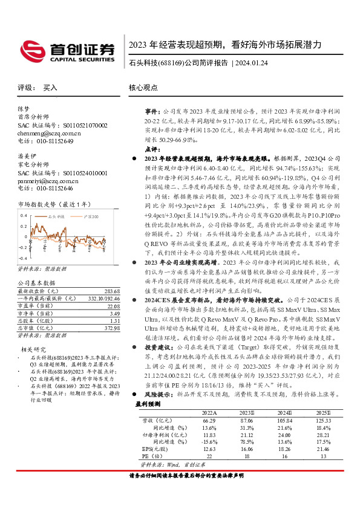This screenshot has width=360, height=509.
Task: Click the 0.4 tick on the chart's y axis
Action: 24,215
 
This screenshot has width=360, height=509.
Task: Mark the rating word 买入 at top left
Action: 50,88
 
